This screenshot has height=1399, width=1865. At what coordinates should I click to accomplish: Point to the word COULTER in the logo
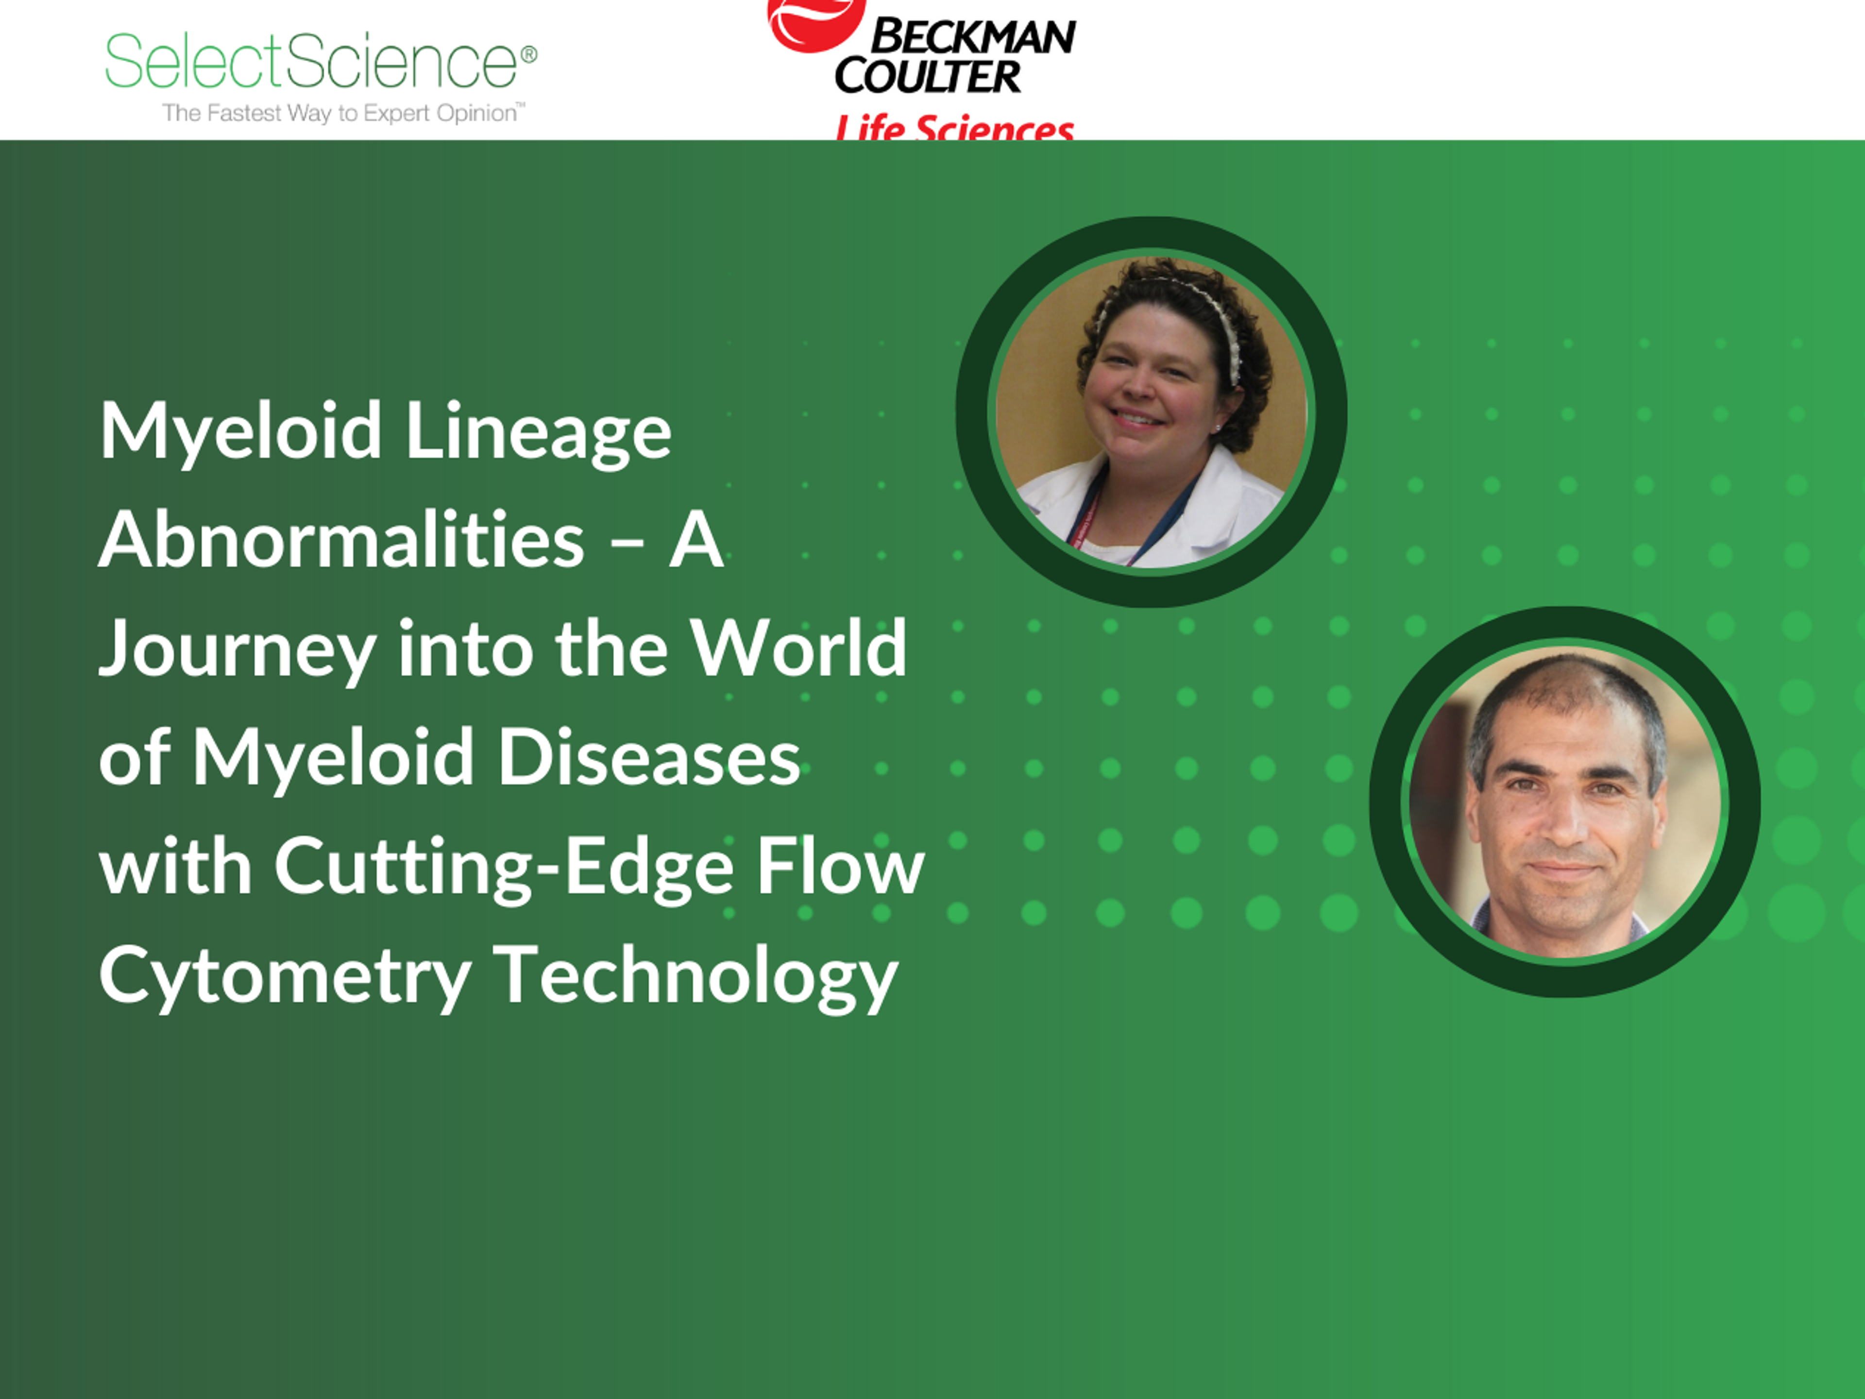coord(928,76)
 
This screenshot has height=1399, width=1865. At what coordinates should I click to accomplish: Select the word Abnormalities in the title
coord(341,540)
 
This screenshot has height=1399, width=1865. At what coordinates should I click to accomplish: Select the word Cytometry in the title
coord(284,976)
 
